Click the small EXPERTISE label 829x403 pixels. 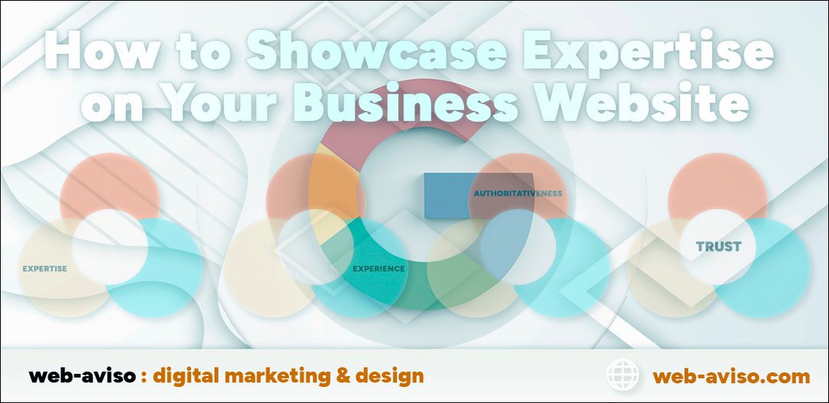tap(45, 269)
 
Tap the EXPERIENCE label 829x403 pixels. tap(378, 269)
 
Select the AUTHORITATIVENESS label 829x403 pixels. tap(517, 193)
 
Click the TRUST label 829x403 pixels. tap(718, 246)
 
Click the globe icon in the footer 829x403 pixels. tap(623, 375)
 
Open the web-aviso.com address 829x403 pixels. tap(732, 377)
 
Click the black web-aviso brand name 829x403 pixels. tap(82, 376)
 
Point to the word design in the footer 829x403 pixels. tap(390, 376)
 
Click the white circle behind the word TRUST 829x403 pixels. tap(718, 246)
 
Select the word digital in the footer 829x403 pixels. tap(186, 377)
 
